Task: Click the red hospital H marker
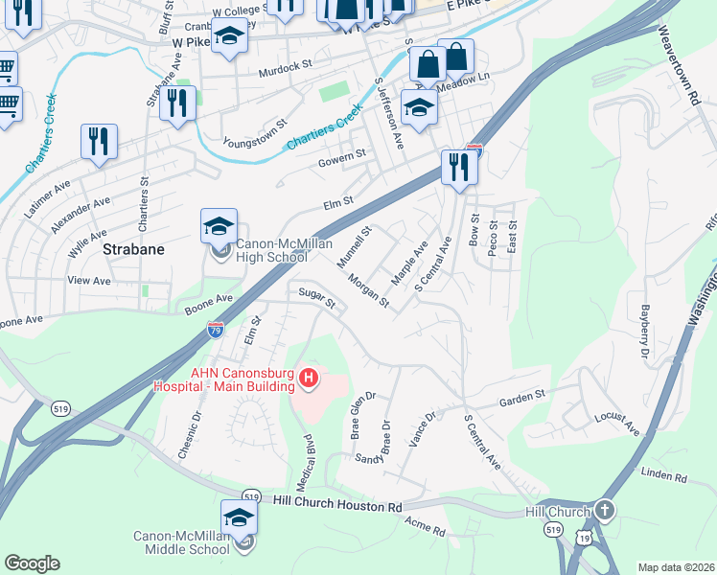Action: [x=309, y=379]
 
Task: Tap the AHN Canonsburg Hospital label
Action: [x=227, y=379]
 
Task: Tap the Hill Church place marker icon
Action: [x=604, y=511]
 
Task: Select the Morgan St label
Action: [x=368, y=291]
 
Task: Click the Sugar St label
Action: [x=316, y=298]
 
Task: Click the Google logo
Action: [x=32, y=563]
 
